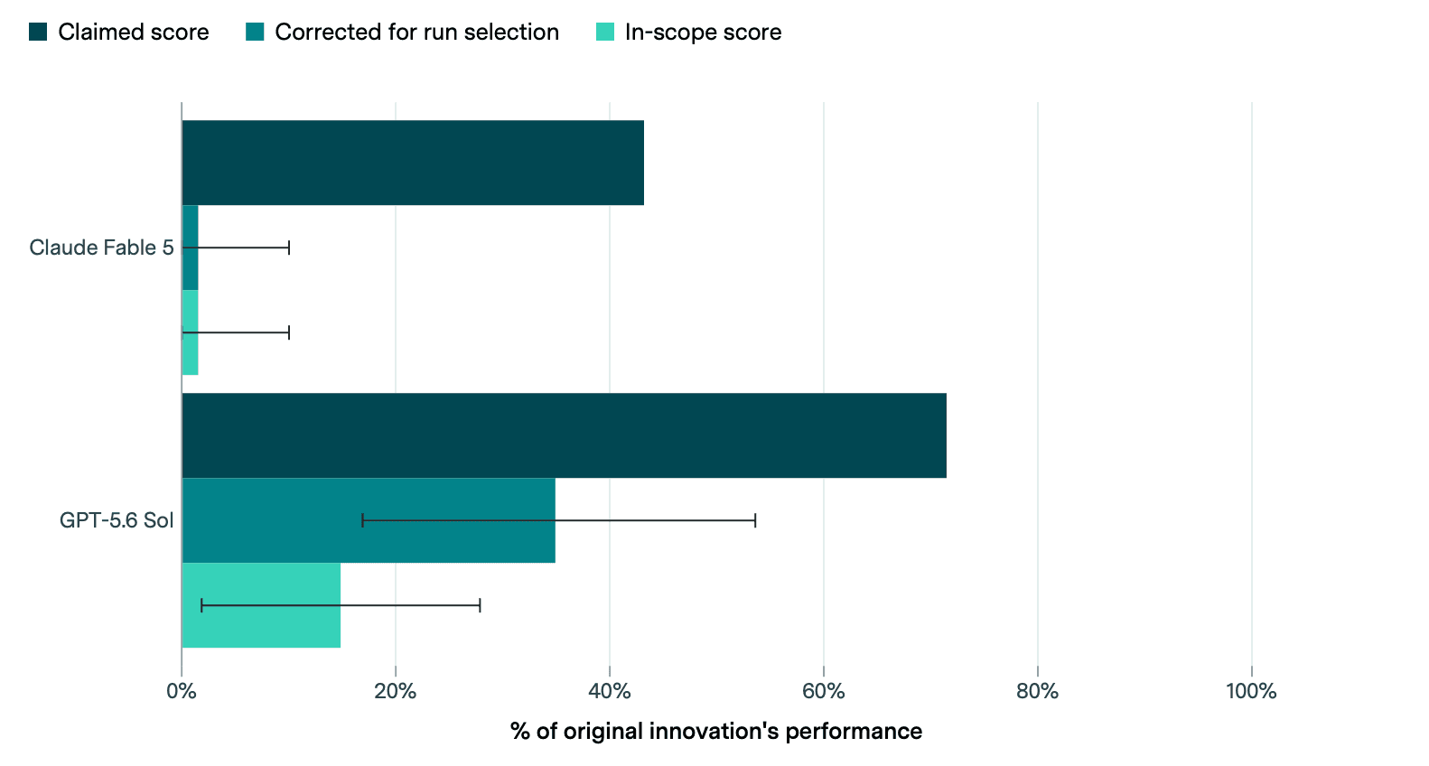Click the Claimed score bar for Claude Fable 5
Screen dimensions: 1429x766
pos(413,163)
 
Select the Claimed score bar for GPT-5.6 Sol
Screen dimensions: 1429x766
pos(564,435)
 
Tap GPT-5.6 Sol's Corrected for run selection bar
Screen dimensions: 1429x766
pos(369,520)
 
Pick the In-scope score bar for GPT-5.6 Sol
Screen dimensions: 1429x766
pos(261,605)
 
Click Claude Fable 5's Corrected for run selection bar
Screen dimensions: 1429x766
pos(190,248)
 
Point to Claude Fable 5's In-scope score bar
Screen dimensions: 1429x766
pos(190,332)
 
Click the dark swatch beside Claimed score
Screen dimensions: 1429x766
pos(38,32)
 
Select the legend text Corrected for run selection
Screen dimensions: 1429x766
pos(416,32)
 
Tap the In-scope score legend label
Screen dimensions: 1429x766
pos(703,32)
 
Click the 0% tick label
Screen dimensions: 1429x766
pos(182,691)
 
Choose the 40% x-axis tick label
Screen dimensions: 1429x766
pos(610,691)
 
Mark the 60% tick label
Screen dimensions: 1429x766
pos(824,691)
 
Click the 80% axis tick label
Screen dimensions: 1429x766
pos(1038,691)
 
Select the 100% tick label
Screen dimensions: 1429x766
pos(1252,691)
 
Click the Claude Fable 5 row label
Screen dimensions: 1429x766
pos(101,248)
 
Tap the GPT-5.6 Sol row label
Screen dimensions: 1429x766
pos(117,520)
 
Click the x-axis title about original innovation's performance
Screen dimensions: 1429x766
pos(716,731)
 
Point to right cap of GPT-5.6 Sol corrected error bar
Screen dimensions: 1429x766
pos(755,520)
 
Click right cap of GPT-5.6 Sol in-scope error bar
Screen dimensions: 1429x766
pos(480,605)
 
